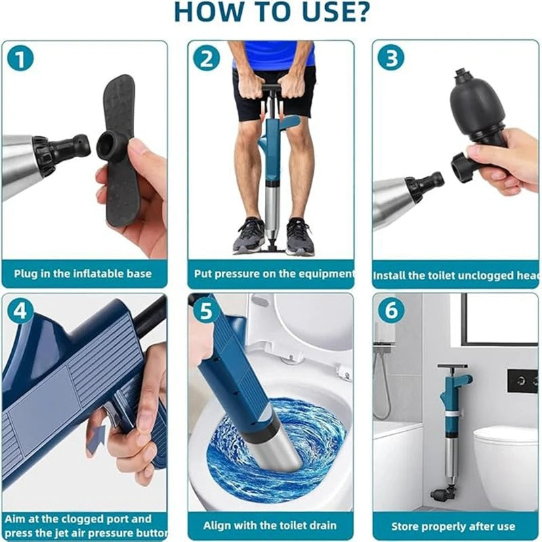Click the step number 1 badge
[x=22, y=60]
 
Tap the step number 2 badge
[x=206, y=60]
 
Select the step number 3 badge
[x=390, y=60]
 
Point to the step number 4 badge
[x=22, y=312]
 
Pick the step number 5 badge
[x=206, y=312]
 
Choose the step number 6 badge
[x=390, y=312]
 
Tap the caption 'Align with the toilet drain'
[x=270, y=525]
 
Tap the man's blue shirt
[x=274, y=54]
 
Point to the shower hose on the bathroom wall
[x=383, y=386]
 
